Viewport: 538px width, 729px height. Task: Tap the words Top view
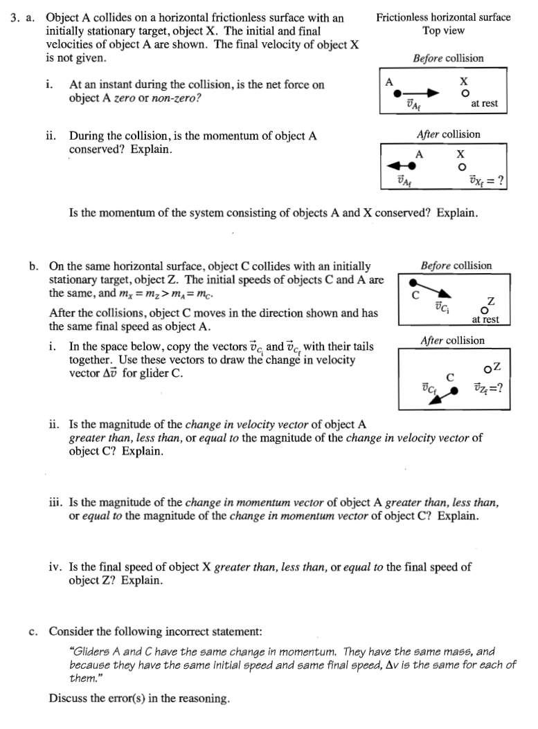click(443, 30)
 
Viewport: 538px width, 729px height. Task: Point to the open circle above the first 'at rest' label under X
click(466, 93)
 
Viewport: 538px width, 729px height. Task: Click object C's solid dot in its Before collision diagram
click(413, 282)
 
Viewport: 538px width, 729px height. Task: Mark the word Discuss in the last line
click(68, 698)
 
